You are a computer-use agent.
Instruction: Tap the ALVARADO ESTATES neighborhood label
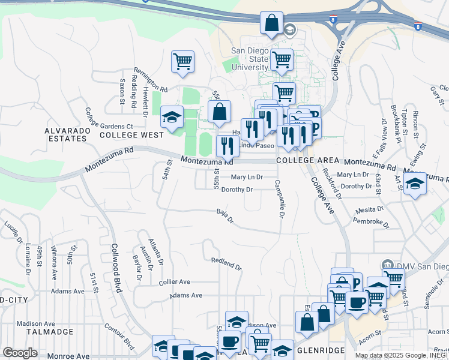coord(65,134)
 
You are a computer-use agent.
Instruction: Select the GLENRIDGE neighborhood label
coord(321,349)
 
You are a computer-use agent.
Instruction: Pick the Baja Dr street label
coord(224,214)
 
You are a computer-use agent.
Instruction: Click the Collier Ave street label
coord(174,281)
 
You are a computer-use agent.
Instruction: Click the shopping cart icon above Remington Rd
coord(182,61)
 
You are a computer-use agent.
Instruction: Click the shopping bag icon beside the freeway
coord(271,23)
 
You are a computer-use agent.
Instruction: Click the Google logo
coord(20,352)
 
